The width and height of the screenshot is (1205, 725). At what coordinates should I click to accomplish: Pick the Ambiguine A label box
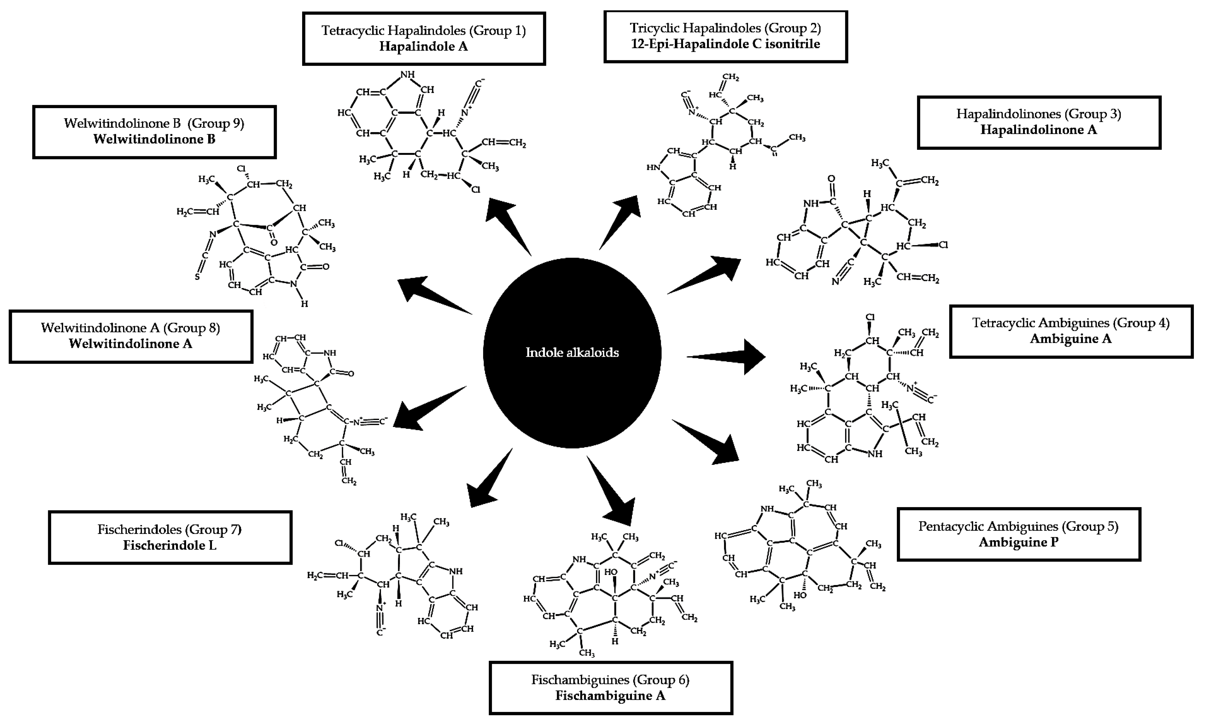(1071, 331)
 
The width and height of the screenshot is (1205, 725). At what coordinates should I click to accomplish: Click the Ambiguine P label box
(1018, 534)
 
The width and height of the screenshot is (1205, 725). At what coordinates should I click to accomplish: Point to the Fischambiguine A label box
(611, 687)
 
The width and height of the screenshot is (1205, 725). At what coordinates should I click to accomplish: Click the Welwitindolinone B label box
(154, 132)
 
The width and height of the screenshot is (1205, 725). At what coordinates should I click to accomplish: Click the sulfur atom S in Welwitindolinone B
(197, 277)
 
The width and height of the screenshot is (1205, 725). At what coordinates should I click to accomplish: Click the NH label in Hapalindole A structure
(407, 75)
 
